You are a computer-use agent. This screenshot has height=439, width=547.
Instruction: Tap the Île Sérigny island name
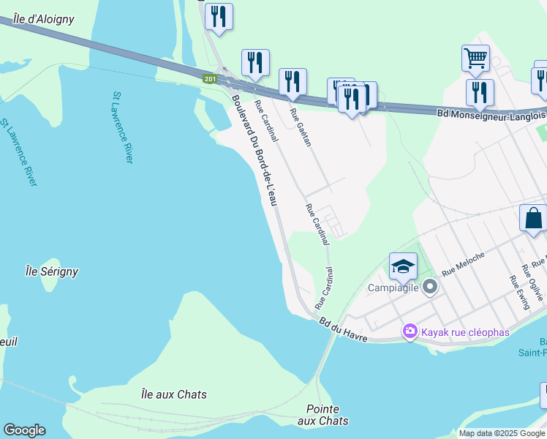coord(51,271)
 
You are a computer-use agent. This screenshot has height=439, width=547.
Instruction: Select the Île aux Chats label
coord(173,394)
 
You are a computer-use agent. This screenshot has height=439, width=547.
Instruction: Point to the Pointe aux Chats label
coord(323,415)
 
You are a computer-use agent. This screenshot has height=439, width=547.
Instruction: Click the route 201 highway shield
coord(211,78)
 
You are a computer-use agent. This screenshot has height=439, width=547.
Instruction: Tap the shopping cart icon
coord(475,57)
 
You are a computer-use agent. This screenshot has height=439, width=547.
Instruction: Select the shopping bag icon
coord(533,217)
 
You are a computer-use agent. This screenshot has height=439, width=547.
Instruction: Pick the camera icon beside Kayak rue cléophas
coord(410,332)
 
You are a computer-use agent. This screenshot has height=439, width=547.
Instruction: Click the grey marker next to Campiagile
coord(429,287)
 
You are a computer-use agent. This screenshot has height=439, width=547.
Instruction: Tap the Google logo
coord(24,430)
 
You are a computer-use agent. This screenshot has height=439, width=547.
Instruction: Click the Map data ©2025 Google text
coord(502,433)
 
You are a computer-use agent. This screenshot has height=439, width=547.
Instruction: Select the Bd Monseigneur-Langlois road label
coord(491,114)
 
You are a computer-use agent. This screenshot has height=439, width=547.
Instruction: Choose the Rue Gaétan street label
coord(301,127)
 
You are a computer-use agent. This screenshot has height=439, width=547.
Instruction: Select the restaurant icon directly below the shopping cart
coord(480,91)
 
